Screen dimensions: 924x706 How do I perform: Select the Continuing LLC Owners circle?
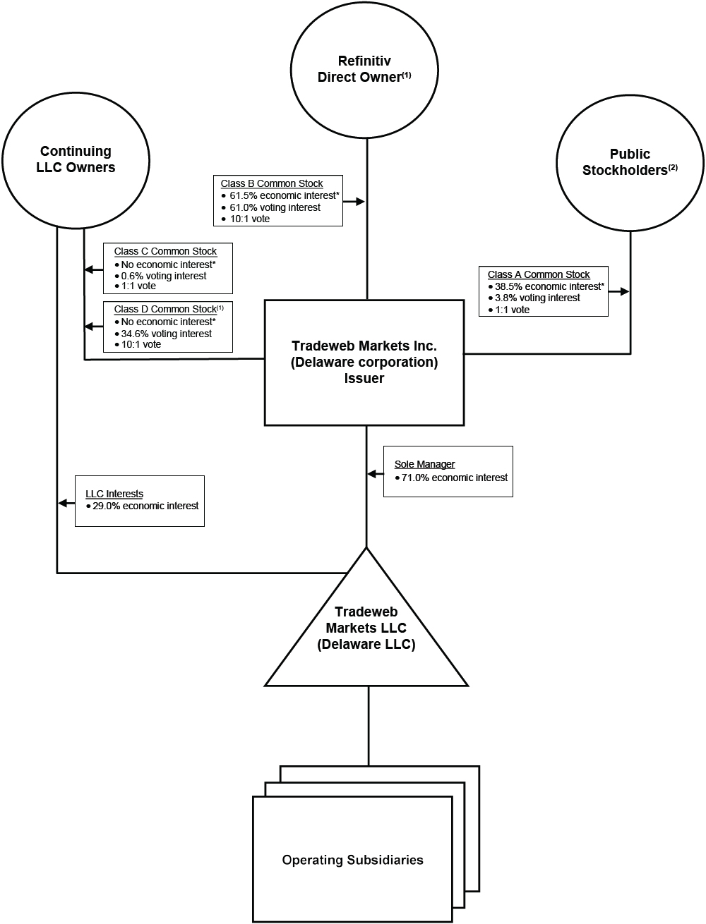(x=76, y=159)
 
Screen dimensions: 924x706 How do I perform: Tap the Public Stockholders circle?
(x=630, y=162)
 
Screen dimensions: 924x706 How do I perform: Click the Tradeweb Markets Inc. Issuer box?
(x=364, y=363)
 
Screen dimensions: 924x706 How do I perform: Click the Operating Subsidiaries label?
(x=352, y=860)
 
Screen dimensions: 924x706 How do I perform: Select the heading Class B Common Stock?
(x=272, y=183)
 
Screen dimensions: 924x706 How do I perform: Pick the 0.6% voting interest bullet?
(x=164, y=276)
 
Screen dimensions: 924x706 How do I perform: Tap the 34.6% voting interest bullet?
(x=166, y=334)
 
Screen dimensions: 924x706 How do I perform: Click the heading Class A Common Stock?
(x=539, y=274)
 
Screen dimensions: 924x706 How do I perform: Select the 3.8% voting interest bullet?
(x=537, y=298)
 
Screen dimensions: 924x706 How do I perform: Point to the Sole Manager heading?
(x=424, y=464)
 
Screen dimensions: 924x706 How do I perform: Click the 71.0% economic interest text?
(x=454, y=478)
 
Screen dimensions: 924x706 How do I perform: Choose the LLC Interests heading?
(x=114, y=494)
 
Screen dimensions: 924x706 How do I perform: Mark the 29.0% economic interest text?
(x=145, y=506)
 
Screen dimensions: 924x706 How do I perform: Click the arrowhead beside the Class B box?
(x=360, y=202)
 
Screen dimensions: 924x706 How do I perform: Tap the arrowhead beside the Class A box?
(x=625, y=291)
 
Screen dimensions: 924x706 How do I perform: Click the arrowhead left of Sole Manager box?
(x=371, y=474)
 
